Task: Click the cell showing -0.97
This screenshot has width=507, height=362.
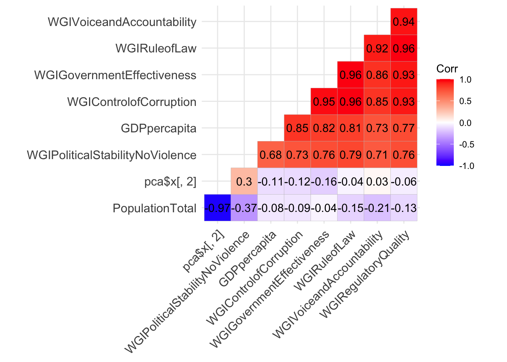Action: (217, 208)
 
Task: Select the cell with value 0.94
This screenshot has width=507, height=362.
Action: (404, 21)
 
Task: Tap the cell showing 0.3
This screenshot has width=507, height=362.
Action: (244, 181)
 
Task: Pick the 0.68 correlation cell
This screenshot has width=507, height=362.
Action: (271, 155)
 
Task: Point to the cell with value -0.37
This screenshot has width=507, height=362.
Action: (244, 208)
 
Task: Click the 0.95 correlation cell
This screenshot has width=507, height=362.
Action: (324, 101)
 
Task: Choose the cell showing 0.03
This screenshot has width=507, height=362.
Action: (377, 181)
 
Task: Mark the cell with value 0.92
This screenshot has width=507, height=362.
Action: (377, 48)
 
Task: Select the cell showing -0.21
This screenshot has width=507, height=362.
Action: (377, 208)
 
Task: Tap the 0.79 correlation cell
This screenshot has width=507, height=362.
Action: (350, 155)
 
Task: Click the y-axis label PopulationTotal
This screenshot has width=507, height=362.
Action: (155, 208)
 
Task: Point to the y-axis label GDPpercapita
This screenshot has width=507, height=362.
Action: (158, 129)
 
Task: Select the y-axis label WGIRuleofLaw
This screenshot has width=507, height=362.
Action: (156, 48)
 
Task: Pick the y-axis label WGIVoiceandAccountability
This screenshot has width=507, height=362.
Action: (122, 22)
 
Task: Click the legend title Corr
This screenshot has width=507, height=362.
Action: (447, 69)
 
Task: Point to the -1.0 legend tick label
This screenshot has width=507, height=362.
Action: (467, 166)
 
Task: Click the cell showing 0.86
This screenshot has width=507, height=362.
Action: (377, 75)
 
